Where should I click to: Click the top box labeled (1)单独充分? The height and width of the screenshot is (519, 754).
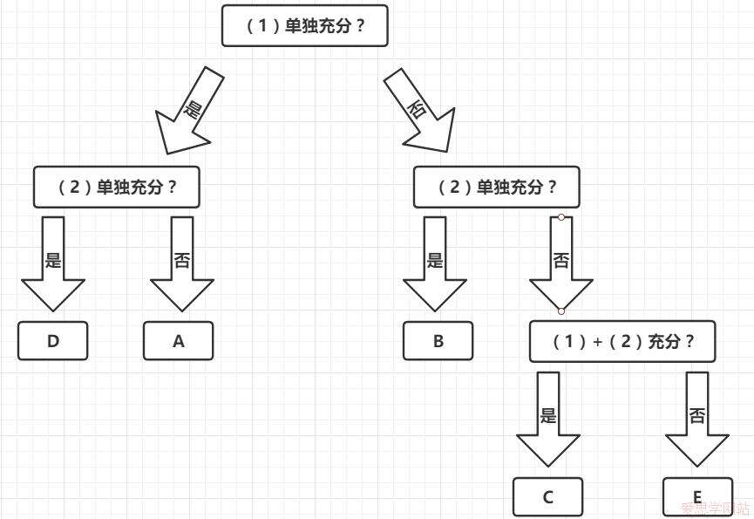(x=304, y=26)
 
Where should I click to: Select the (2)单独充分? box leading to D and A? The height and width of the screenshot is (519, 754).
(x=117, y=188)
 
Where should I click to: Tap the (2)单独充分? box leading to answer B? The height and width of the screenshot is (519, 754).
(x=497, y=188)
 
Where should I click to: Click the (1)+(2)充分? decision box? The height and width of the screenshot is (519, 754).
(x=622, y=341)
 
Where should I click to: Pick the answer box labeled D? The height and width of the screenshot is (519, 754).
(x=53, y=341)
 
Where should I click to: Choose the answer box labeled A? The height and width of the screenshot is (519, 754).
(x=178, y=341)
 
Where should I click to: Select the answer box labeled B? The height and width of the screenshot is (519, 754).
(x=438, y=341)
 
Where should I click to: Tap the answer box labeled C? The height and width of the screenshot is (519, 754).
(x=547, y=497)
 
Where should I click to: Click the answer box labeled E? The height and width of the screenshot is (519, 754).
(x=696, y=497)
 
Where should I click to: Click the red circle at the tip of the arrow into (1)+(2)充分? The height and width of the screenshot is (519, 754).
(x=561, y=311)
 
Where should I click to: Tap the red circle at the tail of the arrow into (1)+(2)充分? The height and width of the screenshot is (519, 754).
(x=561, y=217)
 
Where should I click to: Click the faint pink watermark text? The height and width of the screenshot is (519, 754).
(x=714, y=508)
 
